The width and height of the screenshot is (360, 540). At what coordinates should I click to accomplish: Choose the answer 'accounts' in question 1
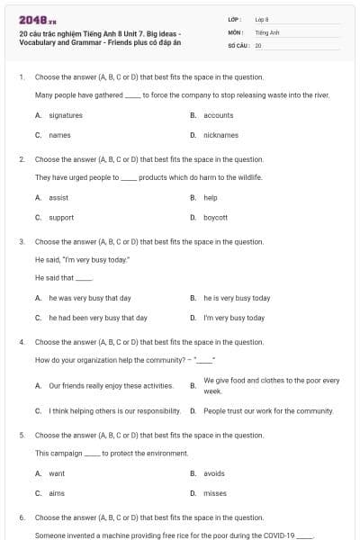(x=218, y=115)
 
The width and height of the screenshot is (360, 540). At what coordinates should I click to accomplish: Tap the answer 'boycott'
(x=215, y=217)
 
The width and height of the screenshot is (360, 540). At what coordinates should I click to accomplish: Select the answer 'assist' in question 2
(x=58, y=197)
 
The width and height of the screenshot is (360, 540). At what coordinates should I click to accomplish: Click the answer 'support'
(x=61, y=217)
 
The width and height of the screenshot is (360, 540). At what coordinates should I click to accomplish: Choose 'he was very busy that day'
(x=90, y=298)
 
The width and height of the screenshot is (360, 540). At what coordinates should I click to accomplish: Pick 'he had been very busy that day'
(x=98, y=318)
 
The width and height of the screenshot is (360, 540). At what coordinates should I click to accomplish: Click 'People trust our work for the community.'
(x=268, y=410)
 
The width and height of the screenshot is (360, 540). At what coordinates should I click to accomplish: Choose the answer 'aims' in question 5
(x=57, y=493)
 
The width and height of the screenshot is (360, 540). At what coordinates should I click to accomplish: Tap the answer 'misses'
(x=215, y=493)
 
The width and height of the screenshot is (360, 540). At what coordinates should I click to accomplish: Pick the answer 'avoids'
(x=214, y=473)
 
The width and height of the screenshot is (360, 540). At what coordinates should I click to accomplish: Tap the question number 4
(x=21, y=342)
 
